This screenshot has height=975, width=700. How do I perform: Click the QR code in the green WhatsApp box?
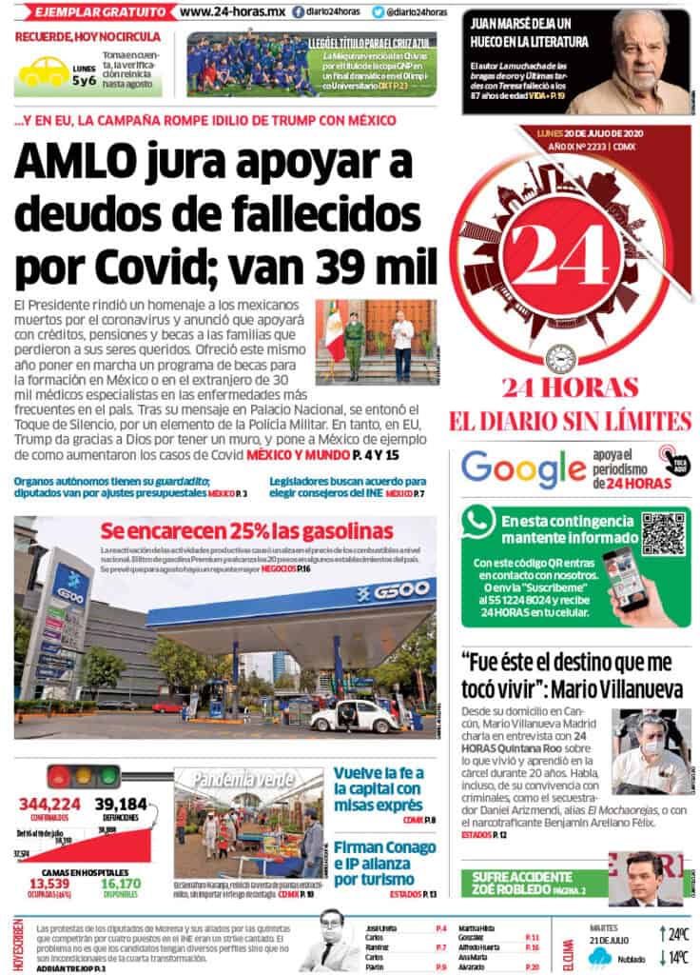point(663,533)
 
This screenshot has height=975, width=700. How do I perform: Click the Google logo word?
point(523,468)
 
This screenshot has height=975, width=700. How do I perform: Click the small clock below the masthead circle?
point(560,359)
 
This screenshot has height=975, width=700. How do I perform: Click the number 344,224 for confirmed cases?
point(49,805)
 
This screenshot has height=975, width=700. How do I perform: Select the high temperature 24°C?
point(671,933)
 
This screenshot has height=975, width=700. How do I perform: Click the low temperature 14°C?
point(671,958)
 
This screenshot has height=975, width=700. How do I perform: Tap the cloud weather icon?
point(600,957)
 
